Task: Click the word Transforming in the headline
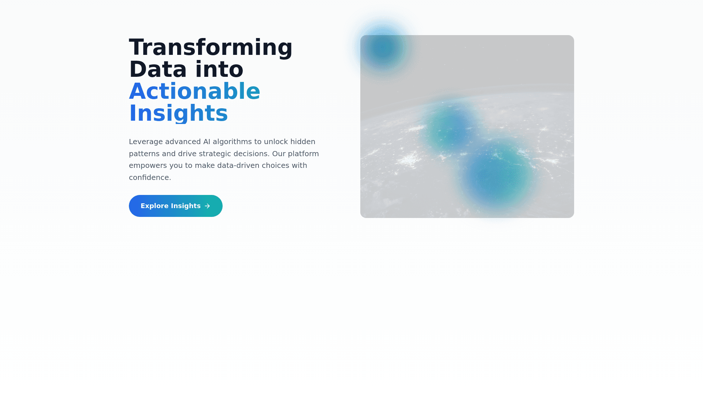[x=211, y=48]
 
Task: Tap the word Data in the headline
[x=158, y=69]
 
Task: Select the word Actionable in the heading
[x=195, y=91]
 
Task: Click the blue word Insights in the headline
[x=179, y=113]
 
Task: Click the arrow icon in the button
[x=208, y=206]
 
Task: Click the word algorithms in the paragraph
[x=232, y=142]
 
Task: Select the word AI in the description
[x=207, y=142]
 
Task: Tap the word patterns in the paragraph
[x=144, y=154]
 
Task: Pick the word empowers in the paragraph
[x=148, y=166]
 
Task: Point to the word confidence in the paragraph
[x=149, y=177]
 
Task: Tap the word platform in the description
[x=303, y=154]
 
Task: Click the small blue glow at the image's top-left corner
[x=383, y=48]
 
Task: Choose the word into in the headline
[x=219, y=69]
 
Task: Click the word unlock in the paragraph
[x=276, y=142]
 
